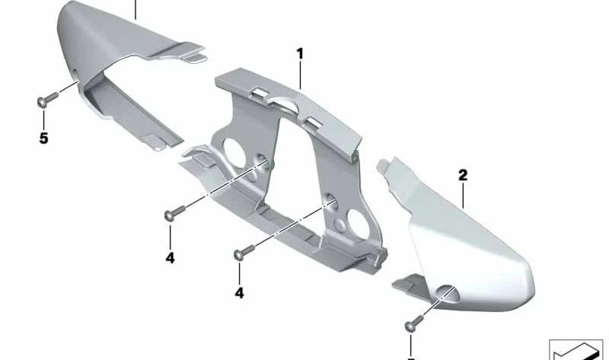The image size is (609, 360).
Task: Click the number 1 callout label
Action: [300, 54]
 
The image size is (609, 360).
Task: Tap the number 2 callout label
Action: [463, 175]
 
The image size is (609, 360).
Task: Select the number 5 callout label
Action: [43, 138]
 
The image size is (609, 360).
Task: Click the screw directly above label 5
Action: [47, 100]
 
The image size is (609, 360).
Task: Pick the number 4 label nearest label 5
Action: [170, 258]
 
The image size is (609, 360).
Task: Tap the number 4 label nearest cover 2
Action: [239, 293]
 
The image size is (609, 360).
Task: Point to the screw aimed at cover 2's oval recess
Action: [414, 323]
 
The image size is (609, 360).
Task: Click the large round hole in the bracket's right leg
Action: [358, 224]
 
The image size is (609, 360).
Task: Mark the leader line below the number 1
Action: [300, 75]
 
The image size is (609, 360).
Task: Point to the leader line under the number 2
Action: [463, 196]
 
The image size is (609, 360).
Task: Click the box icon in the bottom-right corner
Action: [576, 349]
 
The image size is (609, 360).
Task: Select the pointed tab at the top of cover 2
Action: [385, 165]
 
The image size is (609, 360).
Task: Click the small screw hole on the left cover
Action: [74, 72]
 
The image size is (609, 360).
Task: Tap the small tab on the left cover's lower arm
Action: [155, 142]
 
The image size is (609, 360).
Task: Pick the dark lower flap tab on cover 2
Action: [409, 282]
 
